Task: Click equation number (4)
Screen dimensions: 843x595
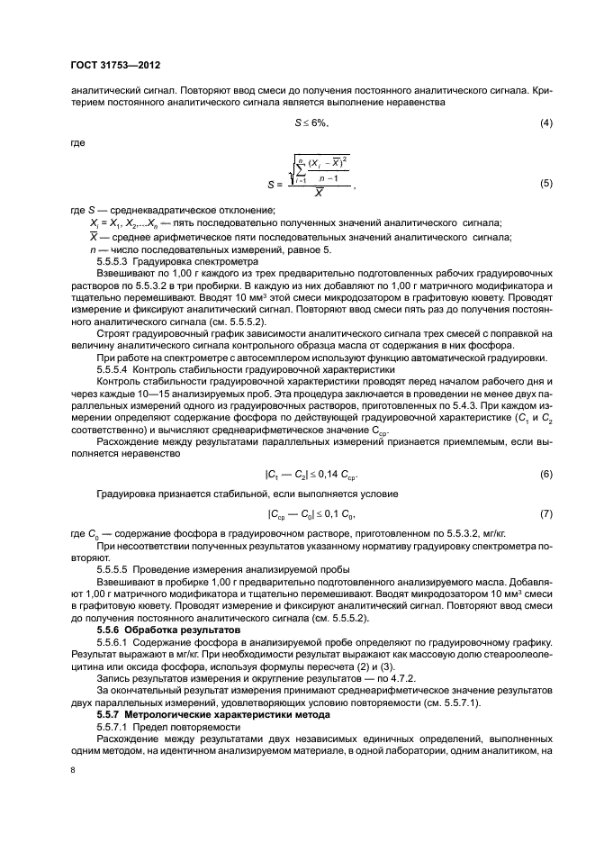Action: tap(545, 122)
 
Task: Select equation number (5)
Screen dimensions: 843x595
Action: tap(545, 184)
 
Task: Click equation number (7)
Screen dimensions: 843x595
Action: tap(545, 514)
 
